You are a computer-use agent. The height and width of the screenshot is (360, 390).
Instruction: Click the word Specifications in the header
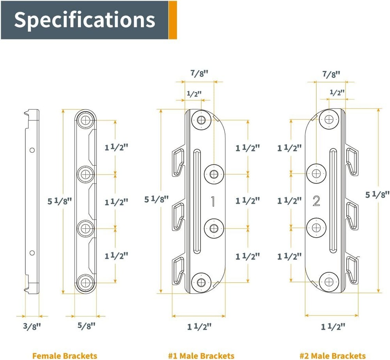[84, 20]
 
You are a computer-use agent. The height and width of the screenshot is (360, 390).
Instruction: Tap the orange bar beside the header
[173, 20]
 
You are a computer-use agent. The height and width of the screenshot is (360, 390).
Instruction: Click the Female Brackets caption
[65, 355]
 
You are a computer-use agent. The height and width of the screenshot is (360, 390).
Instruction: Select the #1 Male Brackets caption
[201, 355]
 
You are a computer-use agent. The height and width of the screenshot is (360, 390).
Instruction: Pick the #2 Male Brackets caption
[333, 355]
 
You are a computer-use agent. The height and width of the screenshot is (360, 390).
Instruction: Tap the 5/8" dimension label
[87, 326]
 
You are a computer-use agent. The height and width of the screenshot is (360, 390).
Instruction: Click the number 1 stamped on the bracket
[213, 201]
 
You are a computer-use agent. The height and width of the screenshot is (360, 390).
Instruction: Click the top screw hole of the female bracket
[85, 120]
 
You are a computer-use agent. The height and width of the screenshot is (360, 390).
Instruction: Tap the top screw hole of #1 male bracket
[201, 120]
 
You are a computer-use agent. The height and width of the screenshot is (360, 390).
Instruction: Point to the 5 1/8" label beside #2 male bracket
[377, 194]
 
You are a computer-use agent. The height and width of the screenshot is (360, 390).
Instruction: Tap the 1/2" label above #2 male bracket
[337, 93]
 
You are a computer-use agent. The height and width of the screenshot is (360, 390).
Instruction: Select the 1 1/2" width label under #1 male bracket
[199, 326]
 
